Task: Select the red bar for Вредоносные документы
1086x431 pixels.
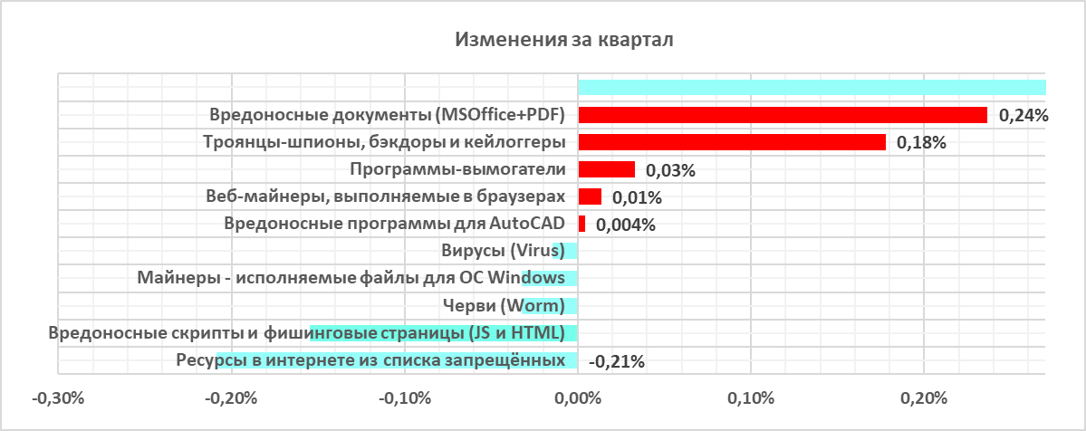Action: click(x=782, y=115)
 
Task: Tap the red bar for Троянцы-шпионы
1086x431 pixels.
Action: click(x=731, y=142)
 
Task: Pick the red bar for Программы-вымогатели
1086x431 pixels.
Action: click(x=606, y=169)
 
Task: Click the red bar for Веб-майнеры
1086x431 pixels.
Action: click(x=590, y=196)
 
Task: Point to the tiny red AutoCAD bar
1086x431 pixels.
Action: click(x=581, y=224)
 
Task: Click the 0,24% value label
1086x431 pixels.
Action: click(x=1023, y=116)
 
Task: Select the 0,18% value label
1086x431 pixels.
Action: click(x=921, y=143)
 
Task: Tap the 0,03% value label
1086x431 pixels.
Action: click(x=670, y=170)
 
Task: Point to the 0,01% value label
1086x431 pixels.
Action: click(x=638, y=197)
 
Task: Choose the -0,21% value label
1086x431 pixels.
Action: click(x=617, y=362)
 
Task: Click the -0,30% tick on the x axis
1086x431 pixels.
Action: click(x=58, y=397)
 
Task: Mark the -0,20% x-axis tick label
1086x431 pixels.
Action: click(x=231, y=397)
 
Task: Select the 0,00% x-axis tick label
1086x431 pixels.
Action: click(x=578, y=397)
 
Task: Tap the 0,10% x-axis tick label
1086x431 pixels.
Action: click(x=751, y=397)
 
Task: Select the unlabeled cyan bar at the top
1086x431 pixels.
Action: click(x=812, y=88)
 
